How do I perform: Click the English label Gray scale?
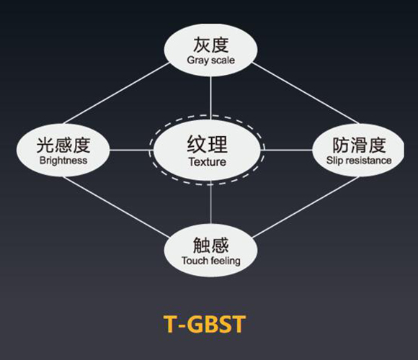(210, 60)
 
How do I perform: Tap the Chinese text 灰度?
(211, 45)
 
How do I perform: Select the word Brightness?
(63, 161)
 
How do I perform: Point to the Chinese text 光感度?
(63, 145)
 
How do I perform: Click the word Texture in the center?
(208, 162)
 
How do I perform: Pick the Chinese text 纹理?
(207, 144)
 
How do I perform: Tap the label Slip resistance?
(359, 161)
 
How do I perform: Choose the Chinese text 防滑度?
(359, 145)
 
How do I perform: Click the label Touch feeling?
(211, 261)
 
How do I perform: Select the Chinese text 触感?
(211, 245)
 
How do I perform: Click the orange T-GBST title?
(204, 324)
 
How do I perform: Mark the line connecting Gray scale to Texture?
(210, 98)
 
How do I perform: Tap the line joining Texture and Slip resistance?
(286, 150)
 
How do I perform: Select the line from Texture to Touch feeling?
(210, 202)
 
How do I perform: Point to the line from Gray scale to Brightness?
(117, 93)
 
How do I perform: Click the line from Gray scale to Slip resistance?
(306, 93)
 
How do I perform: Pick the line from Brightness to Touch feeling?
(117, 207)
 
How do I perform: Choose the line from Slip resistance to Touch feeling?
(306, 207)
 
